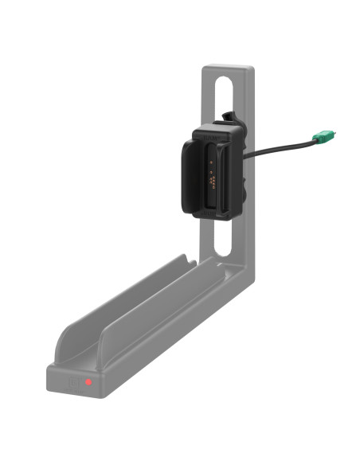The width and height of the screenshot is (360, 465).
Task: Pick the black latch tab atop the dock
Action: coord(229,118)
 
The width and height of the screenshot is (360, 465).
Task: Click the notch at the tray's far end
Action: coord(186,261)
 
